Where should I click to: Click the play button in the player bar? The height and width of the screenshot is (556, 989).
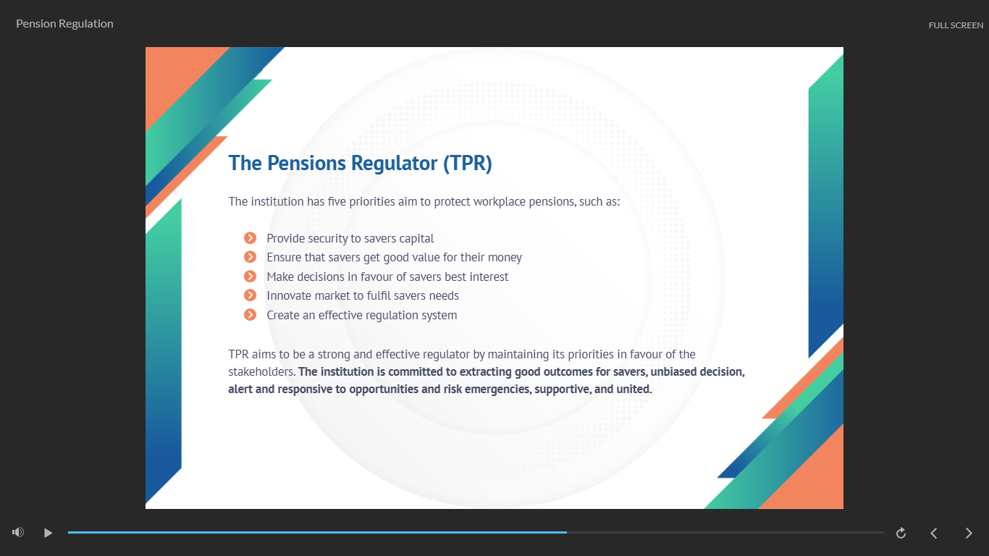48,533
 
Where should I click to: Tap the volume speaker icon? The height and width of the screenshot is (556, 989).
18,533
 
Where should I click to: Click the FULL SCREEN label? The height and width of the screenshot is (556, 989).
956,25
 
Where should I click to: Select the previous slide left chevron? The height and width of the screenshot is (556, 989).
934,533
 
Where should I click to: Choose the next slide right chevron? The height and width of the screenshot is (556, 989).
969,533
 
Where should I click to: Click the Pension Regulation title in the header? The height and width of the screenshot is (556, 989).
64,23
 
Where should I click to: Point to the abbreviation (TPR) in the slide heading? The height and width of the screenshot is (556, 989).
468,163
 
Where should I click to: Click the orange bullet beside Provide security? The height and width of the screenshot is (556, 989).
250,238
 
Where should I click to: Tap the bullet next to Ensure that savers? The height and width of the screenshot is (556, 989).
250,257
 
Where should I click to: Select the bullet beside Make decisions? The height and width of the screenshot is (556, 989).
250,277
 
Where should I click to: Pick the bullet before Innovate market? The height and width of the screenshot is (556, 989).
250,295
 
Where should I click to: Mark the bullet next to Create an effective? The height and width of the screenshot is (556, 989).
250,315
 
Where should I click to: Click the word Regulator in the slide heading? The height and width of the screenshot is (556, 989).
395,164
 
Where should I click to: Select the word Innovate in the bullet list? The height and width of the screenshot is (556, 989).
289,296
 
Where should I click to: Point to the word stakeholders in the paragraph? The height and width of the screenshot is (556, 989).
261,372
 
